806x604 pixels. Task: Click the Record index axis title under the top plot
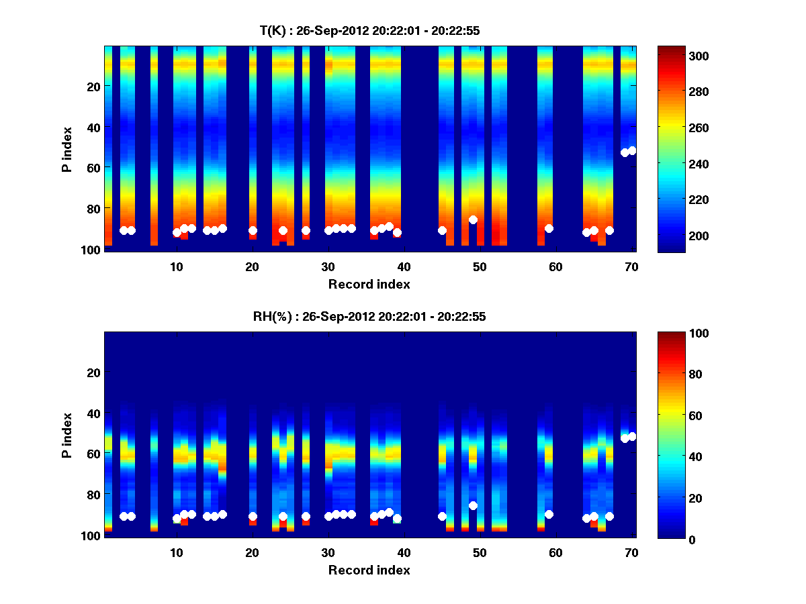[369, 284]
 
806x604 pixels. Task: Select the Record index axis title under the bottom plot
[369, 570]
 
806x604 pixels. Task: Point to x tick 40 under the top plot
[404, 266]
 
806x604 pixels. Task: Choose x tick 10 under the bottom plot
[176, 552]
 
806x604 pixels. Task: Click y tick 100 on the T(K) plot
[92, 250]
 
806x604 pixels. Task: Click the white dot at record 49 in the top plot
[473, 219]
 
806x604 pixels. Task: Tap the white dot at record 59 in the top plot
[549, 228]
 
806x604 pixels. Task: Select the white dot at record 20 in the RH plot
[253, 517]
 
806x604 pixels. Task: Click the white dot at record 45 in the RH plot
[442, 516]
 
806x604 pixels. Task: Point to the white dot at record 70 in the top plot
[632, 150]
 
